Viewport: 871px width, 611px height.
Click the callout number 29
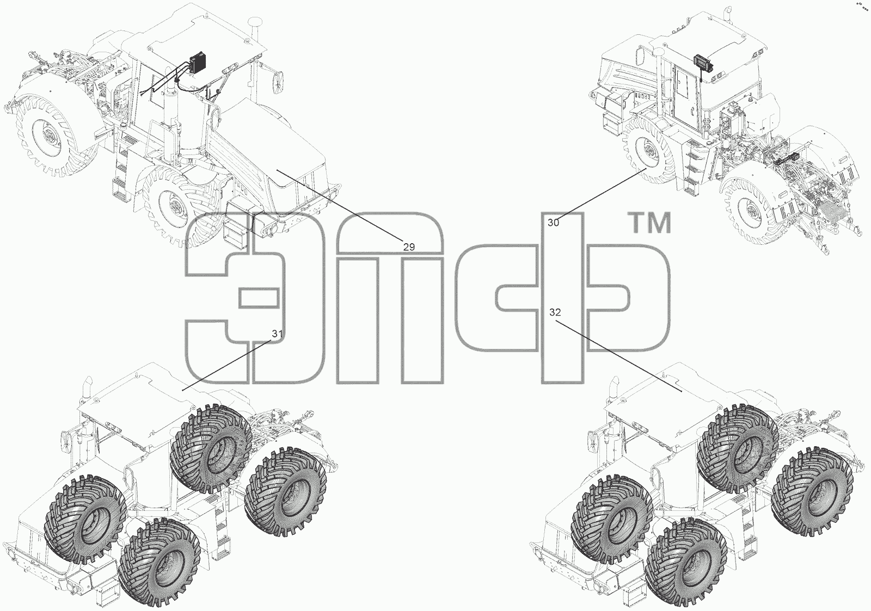(x=409, y=247)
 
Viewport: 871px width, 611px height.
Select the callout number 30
(x=553, y=223)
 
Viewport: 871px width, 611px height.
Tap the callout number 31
(x=277, y=334)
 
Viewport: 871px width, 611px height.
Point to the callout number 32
(x=555, y=312)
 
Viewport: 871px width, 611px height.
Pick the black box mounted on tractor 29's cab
(x=198, y=62)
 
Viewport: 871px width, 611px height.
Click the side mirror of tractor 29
(x=280, y=83)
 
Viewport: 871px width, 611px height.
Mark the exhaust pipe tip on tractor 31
(x=89, y=381)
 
